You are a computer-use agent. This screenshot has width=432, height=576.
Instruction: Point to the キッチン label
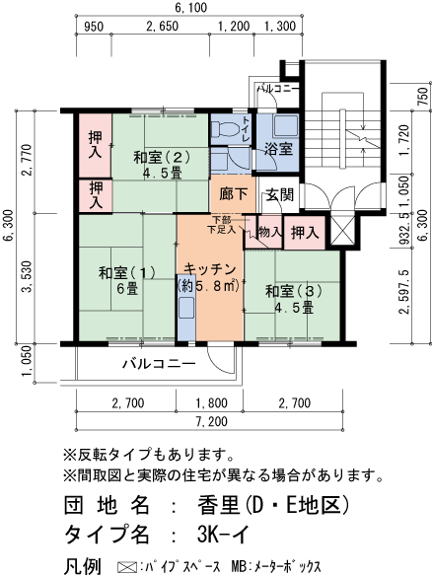208,277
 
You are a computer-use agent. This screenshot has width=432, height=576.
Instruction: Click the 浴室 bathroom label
277,149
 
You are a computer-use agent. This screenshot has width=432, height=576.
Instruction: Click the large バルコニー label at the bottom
159,363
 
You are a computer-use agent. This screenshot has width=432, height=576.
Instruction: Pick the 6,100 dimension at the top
191,9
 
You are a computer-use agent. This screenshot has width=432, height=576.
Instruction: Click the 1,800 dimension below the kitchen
208,402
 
